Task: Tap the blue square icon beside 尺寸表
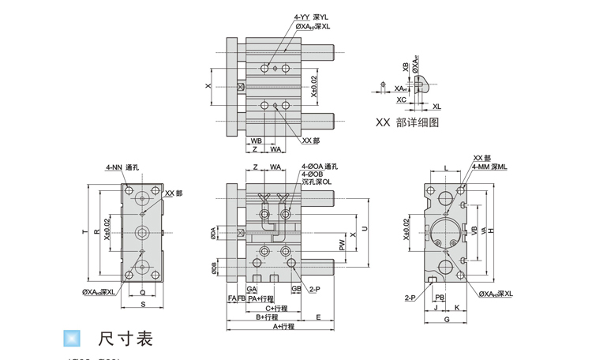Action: click(x=72, y=338)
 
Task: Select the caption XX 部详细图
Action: click(x=407, y=122)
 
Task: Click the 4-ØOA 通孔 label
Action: click(x=320, y=167)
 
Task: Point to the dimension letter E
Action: click(x=317, y=317)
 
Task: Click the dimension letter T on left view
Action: click(x=84, y=231)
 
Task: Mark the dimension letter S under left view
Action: click(x=143, y=304)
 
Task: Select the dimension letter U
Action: click(x=364, y=229)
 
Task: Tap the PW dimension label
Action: click(x=342, y=246)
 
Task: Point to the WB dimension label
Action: click(x=257, y=141)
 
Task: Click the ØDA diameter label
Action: click(x=213, y=234)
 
